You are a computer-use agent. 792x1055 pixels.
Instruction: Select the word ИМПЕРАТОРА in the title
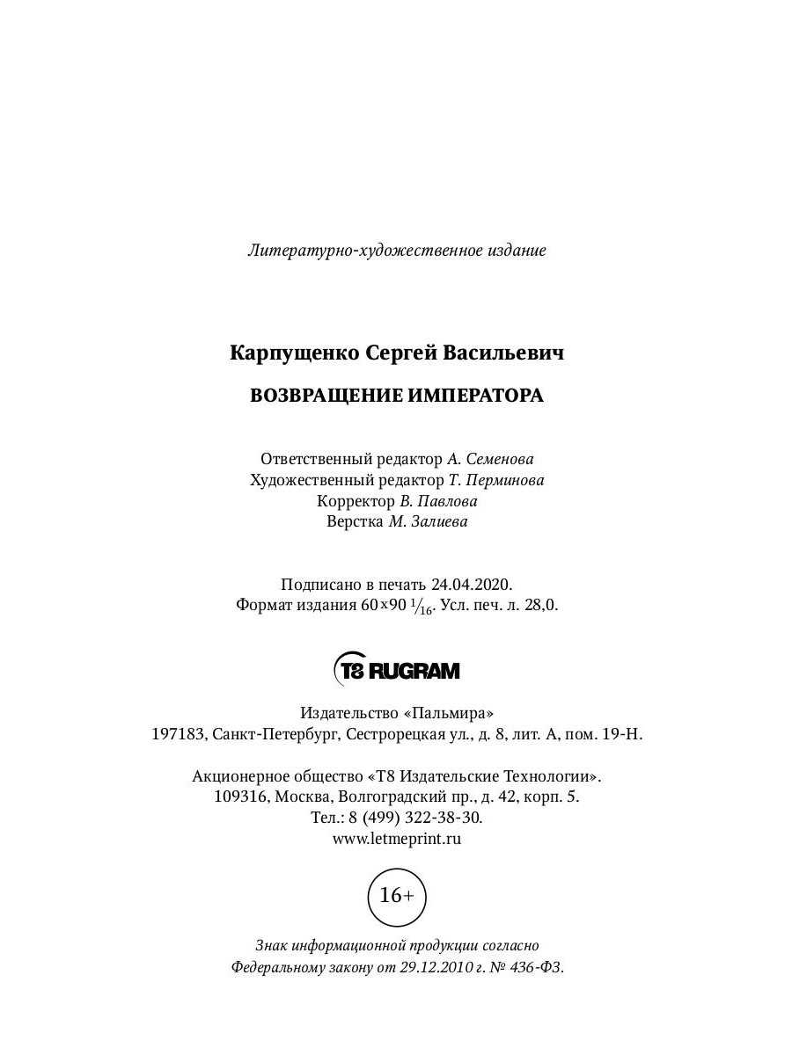coord(476,396)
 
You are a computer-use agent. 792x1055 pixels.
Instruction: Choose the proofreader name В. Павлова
coord(438,501)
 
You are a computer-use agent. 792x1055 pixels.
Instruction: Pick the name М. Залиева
coord(428,522)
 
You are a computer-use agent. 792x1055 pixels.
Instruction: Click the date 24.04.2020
coord(471,585)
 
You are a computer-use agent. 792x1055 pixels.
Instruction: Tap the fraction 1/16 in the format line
coord(422,607)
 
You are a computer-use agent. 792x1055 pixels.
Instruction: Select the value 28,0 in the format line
coord(542,606)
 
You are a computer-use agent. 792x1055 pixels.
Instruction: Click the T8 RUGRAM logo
coord(397,671)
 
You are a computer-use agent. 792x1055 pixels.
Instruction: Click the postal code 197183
coord(178,734)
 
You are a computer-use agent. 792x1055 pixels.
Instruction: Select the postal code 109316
coord(241,797)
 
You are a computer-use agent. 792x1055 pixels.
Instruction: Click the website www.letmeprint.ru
coord(397,839)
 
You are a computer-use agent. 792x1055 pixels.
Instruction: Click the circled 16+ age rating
coord(396,896)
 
